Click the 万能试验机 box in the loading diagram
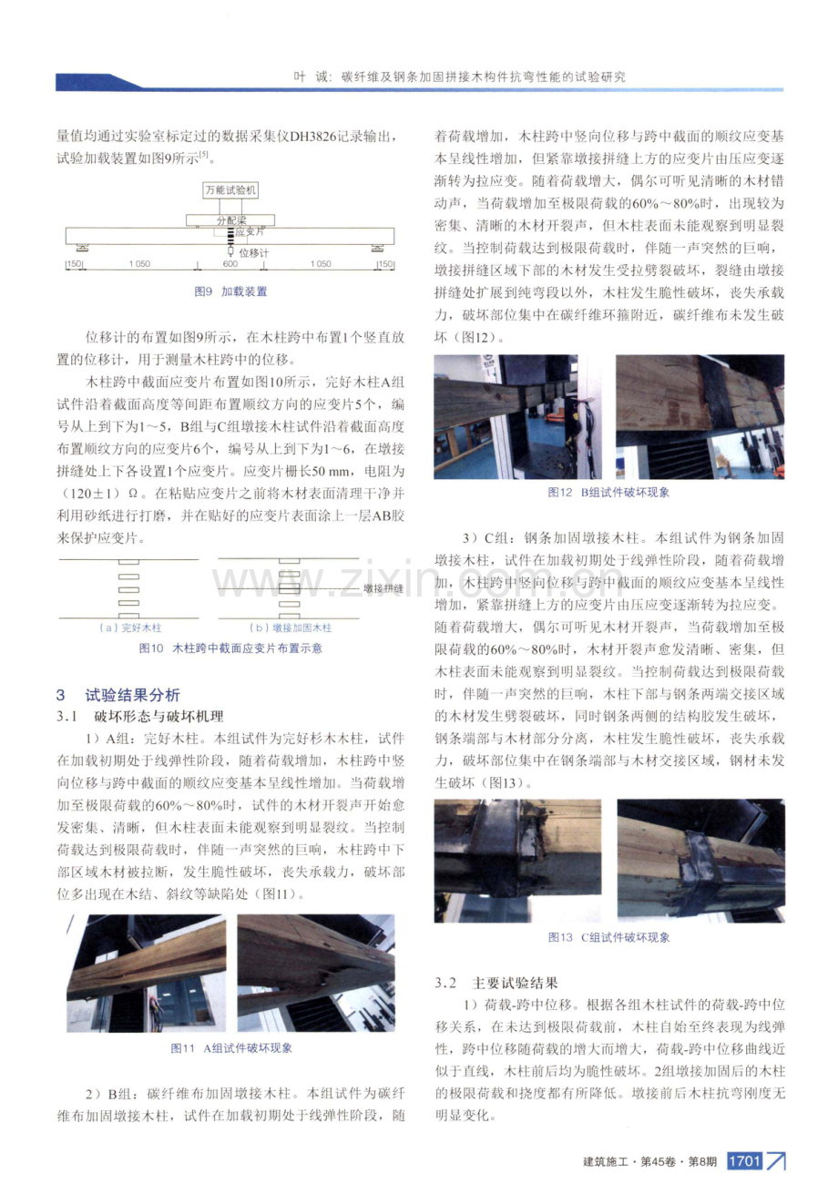point(230,190)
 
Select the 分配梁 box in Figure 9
point(230,219)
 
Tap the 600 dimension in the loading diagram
point(230,264)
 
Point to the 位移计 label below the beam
point(254,252)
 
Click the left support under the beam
point(82,248)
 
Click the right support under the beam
point(378,248)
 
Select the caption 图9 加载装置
point(230,291)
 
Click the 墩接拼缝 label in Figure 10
point(383,588)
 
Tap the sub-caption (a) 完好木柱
point(129,628)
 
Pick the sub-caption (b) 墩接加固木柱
point(290,628)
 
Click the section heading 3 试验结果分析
point(118,695)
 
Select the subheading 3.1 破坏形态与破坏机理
point(140,717)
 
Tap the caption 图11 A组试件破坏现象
point(230,1048)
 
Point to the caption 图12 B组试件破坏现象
point(608,493)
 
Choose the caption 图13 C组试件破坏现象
point(608,937)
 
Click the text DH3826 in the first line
point(312,137)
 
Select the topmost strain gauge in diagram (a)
point(129,562)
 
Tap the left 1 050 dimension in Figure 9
point(139,264)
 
